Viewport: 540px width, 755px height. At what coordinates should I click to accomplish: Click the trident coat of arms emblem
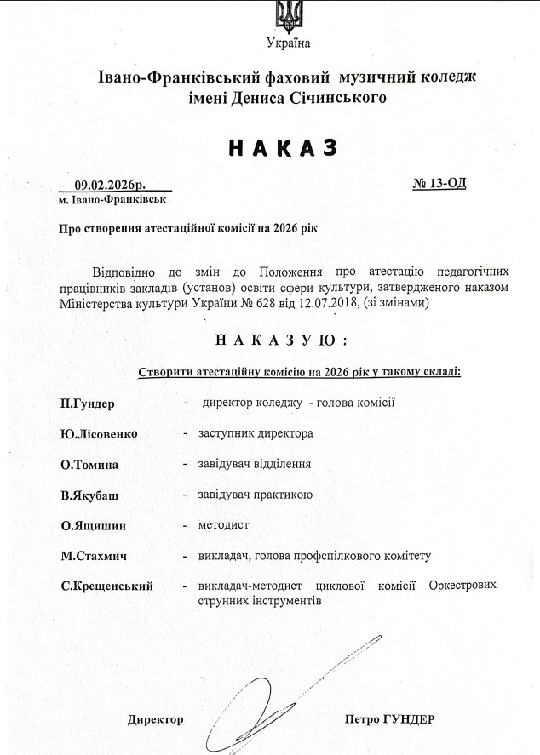coord(287,15)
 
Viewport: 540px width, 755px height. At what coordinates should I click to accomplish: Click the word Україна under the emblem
coord(288,43)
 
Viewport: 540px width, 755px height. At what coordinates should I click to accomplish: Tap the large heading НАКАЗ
coord(283,147)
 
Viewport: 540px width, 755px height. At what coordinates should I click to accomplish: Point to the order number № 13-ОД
coord(439,183)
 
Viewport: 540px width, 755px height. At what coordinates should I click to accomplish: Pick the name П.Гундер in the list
coord(88,403)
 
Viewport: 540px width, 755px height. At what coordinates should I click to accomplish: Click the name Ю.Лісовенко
coord(99,433)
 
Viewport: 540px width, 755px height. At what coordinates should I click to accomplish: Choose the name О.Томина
coord(89,465)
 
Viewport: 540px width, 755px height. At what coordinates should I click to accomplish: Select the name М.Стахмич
coord(94,557)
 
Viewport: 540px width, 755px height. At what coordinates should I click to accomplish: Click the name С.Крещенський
coord(106,586)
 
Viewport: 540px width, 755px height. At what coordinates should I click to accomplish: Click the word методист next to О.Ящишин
coord(223,525)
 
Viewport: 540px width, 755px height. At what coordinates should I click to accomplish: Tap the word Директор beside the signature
coord(155,719)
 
